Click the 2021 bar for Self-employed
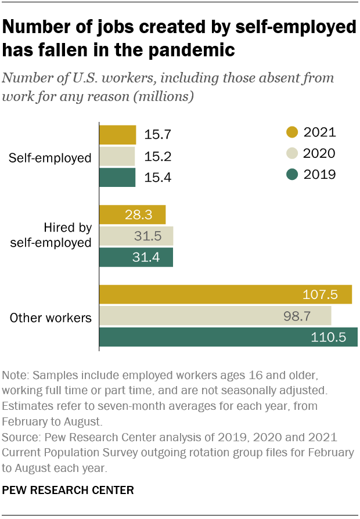coord(118,135)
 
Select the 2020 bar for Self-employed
coord(117,156)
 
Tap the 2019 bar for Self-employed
coord(117,177)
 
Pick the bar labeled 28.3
coord(132,215)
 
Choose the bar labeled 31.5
coord(136,236)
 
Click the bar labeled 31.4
coord(136,257)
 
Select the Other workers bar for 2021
coord(226,294)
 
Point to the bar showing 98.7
coord(215,316)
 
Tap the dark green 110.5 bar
coord(228,337)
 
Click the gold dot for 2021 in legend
coord(293,132)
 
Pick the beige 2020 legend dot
coord(293,153)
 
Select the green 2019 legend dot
coord(293,174)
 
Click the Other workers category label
coord(51,318)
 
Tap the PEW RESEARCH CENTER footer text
coord(69,491)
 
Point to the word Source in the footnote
coord(20,436)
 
